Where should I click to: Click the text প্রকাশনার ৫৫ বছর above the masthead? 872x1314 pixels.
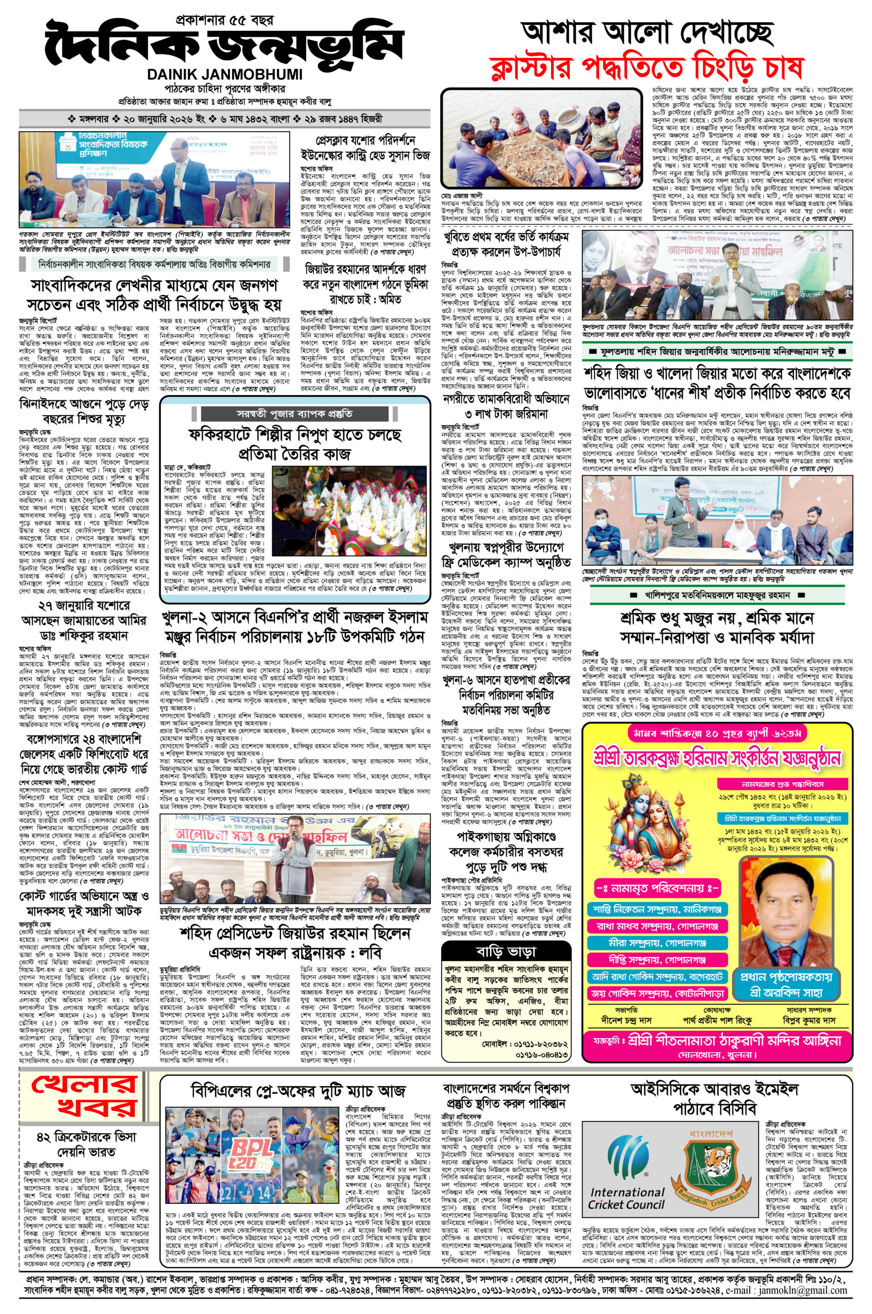(224, 22)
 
